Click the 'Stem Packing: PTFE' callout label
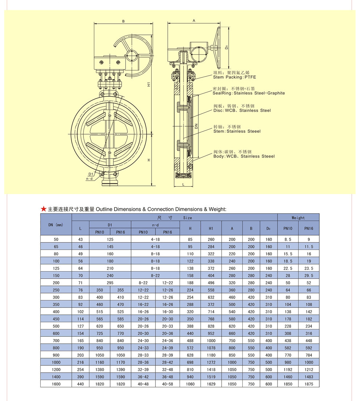tap(234, 77)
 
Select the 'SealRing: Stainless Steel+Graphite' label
tap(249, 93)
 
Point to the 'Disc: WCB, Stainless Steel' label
tap(242, 110)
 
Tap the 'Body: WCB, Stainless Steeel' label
tap(244, 156)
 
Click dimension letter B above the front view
tap(123, 21)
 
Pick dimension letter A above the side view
tap(194, 21)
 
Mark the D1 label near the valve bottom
tap(91, 174)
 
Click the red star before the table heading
tap(44, 209)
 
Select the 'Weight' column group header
tap(298, 218)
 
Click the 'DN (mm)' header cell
tap(56, 225)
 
